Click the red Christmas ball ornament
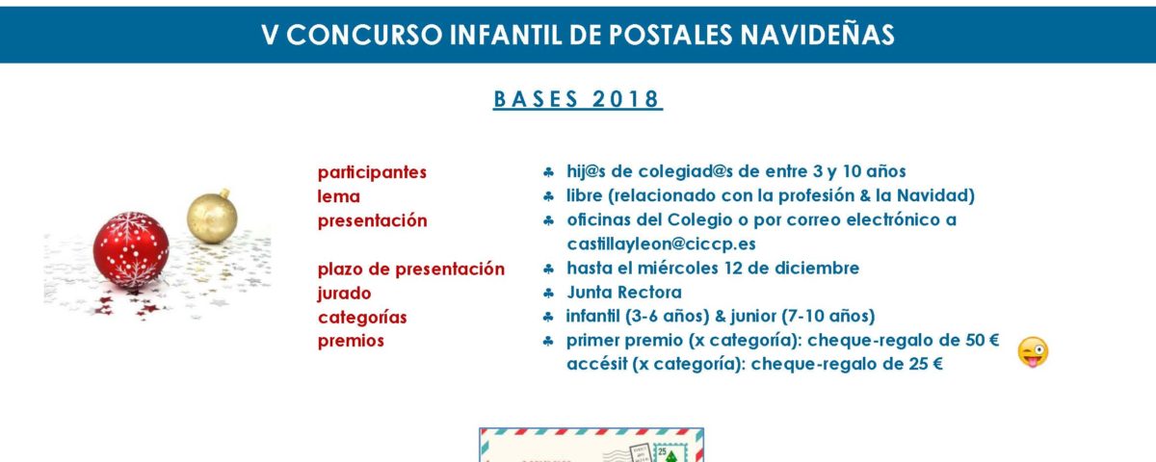click(x=131, y=249)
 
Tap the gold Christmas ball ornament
click(x=212, y=217)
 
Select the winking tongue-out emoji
click(x=1033, y=352)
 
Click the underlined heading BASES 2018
click(x=577, y=99)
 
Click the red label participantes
click(x=372, y=172)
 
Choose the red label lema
click(x=338, y=196)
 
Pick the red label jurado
click(x=344, y=294)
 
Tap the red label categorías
click(x=362, y=318)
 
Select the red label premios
click(x=351, y=341)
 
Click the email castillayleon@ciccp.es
click(x=661, y=244)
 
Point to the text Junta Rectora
click(x=624, y=293)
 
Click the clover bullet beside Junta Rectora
click(x=548, y=294)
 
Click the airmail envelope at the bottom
click(x=591, y=445)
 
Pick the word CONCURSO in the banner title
click(x=364, y=35)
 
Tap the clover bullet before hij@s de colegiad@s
click(x=548, y=172)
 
